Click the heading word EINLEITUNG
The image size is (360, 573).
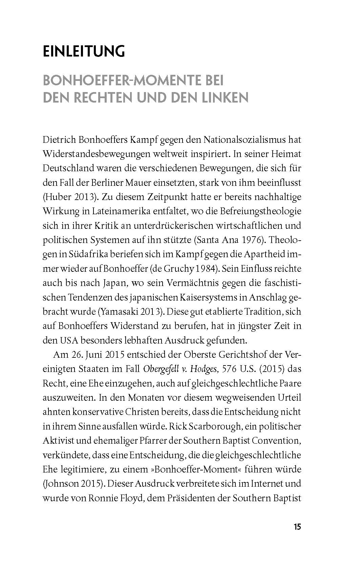tap(84, 52)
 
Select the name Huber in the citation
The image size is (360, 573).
tap(59, 197)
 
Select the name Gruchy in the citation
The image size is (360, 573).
tap(176, 268)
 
